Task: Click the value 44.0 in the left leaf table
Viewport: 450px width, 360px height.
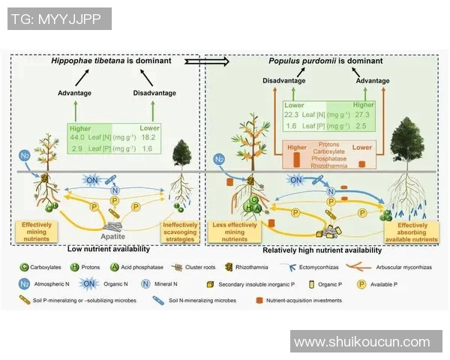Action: [x=77, y=138]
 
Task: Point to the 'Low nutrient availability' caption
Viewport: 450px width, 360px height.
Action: [x=110, y=247]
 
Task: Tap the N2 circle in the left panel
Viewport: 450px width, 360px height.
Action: [x=25, y=156]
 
